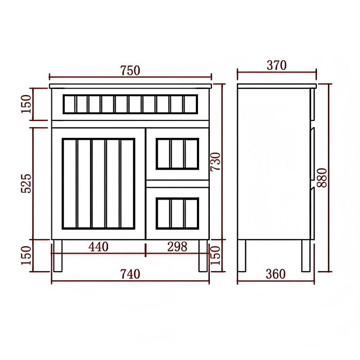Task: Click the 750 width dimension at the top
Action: pyautogui.click(x=130, y=70)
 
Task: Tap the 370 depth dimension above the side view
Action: pyautogui.click(x=277, y=65)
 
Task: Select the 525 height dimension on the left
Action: pyautogui.click(x=27, y=183)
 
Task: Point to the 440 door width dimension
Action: pyautogui.click(x=98, y=247)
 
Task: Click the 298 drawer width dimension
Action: pyautogui.click(x=177, y=247)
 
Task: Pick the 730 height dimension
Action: pyautogui.click(x=217, y=161)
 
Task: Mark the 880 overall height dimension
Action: pyautogui.click(x=323, y=177)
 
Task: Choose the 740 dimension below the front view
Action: pyautogui.click(x=130, y=274)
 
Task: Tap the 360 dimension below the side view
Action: pyautogui.click(x=276, y=274)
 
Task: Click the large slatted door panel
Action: pyautogui.click(x=98, y=184)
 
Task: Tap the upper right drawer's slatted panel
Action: pyautogui.click(x=177, y=153)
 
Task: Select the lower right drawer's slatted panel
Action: pyautogui.click(x=177, y=213)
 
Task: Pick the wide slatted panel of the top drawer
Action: pyautogui.click(x=130, y=104)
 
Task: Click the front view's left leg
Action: pyautogui.click(x=58, y=256)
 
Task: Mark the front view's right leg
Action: pyautogui.click(x=203, y=256)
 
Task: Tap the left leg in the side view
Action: pyautogui.click(x=242, y=256)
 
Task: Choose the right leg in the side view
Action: pyautogui.click(x=306, y=256)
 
